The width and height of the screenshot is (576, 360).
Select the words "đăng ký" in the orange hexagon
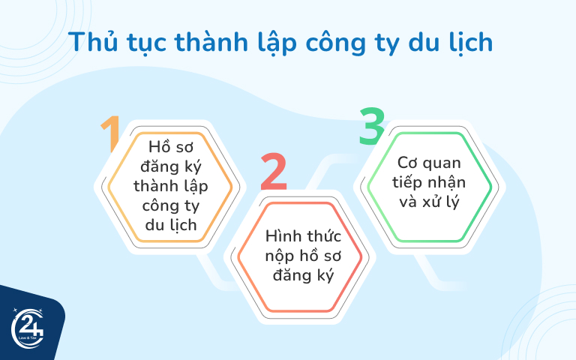(x=170, y=165)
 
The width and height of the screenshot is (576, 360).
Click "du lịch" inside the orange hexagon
(x=171, y=223)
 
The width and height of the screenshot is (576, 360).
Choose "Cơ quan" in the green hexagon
(x=428, y=163)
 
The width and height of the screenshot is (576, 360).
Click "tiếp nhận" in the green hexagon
(x=428, y=182)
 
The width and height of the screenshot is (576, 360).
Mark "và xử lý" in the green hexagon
(x=428, y=202)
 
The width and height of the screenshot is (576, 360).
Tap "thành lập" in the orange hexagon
(x=171, y=184)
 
